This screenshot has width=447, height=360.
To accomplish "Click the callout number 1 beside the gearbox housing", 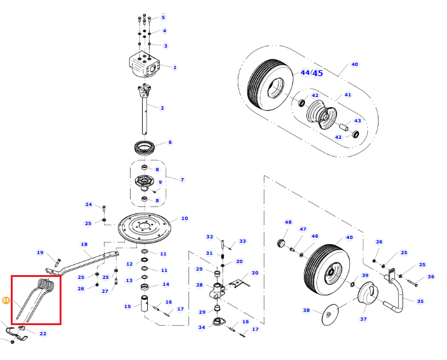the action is click(x=175, y=68).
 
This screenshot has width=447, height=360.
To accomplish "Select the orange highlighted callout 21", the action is click(x=6, y=300).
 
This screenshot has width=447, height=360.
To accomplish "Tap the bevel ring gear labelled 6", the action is click(x=146, y=148).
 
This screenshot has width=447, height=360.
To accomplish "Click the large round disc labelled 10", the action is click(x=145, y=228).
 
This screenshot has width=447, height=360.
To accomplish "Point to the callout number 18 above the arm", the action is click(x=84, y=244).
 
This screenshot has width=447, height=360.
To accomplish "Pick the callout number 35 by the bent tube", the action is click(x=420, y=301).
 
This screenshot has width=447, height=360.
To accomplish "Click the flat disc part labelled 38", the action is click(x=329, y=314).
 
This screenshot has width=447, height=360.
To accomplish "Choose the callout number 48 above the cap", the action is click(x=288, y=222).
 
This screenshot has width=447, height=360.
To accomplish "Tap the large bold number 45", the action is click(x=318, y=74).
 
